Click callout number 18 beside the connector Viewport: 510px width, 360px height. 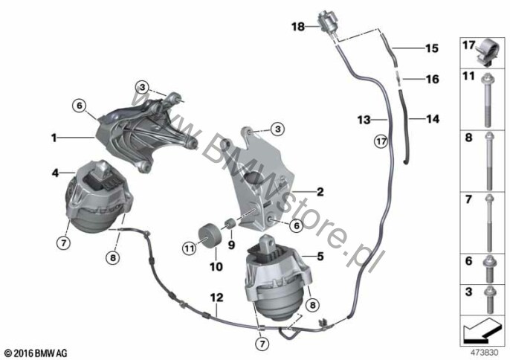pyautogui.click(x=298, y=26)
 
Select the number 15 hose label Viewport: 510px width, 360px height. pyautogui.click(x=432, y=48)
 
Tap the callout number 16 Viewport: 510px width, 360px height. pyautogui.click(x=433, y=79)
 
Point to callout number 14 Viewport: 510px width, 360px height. pyautogui.click(x=433, y=119)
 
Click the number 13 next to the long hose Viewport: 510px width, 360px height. pyautogui.click(x=364, y=120)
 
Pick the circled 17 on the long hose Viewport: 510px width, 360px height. pyautogui.click(x=381, y=141)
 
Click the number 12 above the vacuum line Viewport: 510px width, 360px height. pyautogui.click(x=217, y=298)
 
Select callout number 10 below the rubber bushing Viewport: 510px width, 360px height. pyautogui.click(x=216, y=267)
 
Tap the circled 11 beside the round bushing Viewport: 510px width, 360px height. pyautogui.click(x=189, y=249)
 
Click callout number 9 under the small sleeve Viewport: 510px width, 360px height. pyautogui.click(x=231, y=245)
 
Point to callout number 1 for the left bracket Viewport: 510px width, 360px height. pyautogui.click(x=54, y=138)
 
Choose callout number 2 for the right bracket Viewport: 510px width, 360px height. pyautogui.click(x=320, y=191)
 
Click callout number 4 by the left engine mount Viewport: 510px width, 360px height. pyautogui.click(x=55, y=173)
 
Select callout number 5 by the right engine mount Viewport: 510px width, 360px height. pyautogui.click(x=320, y=256)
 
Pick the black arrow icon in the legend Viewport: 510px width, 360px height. pyautogui.click(x=482, y=331)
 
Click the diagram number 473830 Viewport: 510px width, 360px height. pyautogui.click(x=485, y=353)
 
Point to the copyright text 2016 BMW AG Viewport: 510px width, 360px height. pyautogui.click(x=36, y=353)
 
